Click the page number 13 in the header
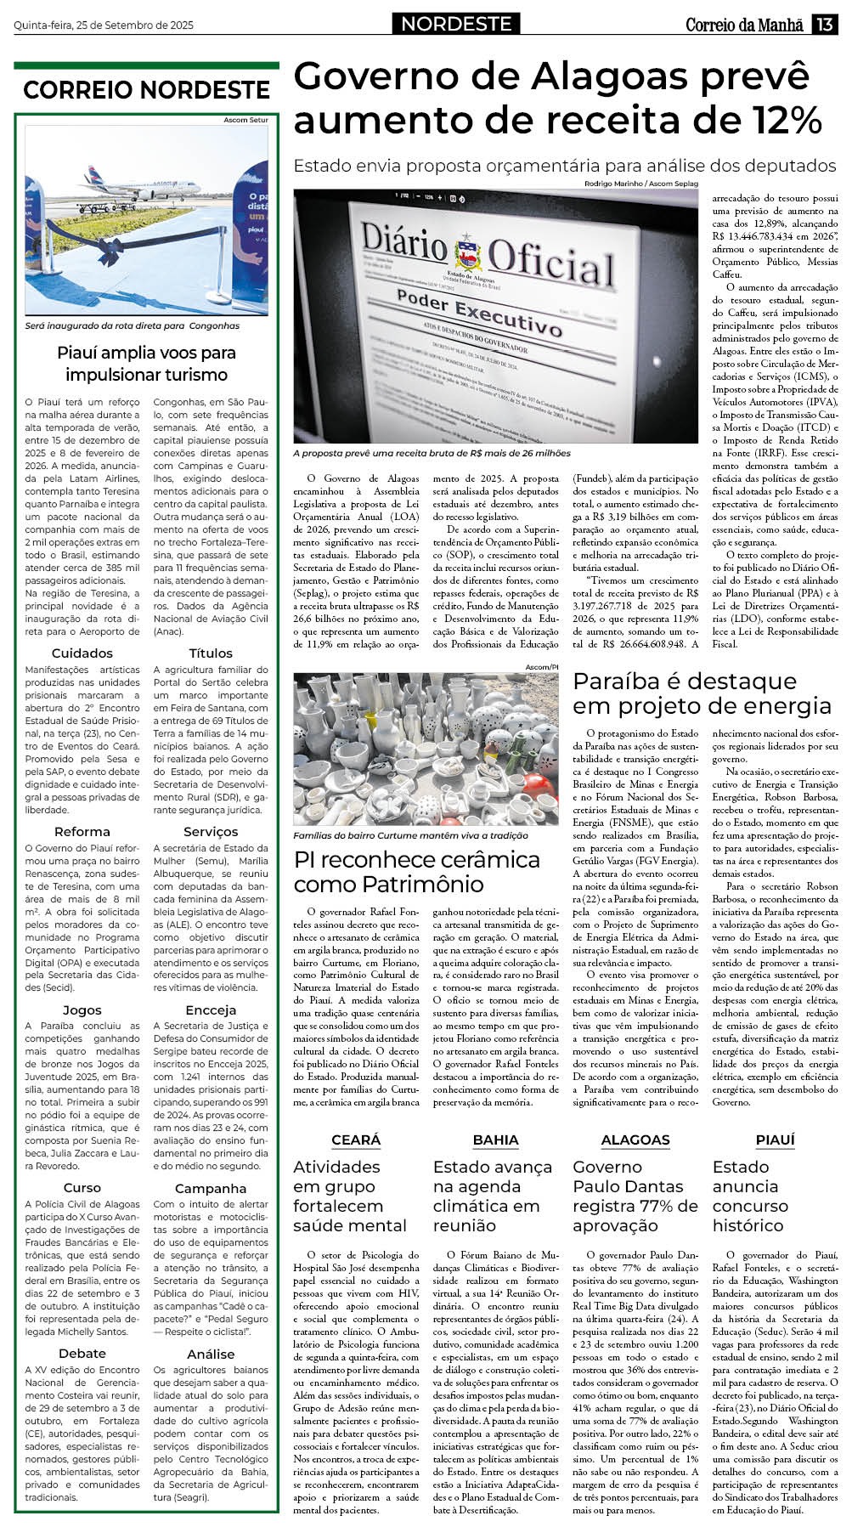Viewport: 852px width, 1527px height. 825,25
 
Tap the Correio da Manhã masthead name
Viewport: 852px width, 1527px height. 744,25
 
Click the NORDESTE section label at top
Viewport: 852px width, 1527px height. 456,24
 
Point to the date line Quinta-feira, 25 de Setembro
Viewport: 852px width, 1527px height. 104,25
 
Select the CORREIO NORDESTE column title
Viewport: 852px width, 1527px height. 146,90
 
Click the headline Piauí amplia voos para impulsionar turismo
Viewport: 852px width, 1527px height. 146,364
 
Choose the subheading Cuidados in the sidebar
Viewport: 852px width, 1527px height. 82,653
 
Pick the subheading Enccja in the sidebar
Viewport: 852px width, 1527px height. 211,1010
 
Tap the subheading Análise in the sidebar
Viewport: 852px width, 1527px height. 211,1354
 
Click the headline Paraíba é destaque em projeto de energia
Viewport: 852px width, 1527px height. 702,693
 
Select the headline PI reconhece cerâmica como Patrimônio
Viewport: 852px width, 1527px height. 417,871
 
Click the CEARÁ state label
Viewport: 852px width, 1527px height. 356,1140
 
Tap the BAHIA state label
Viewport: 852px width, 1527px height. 495,1140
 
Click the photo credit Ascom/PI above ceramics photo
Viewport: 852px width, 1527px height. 542,668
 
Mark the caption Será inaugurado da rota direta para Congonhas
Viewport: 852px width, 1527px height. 133,325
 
